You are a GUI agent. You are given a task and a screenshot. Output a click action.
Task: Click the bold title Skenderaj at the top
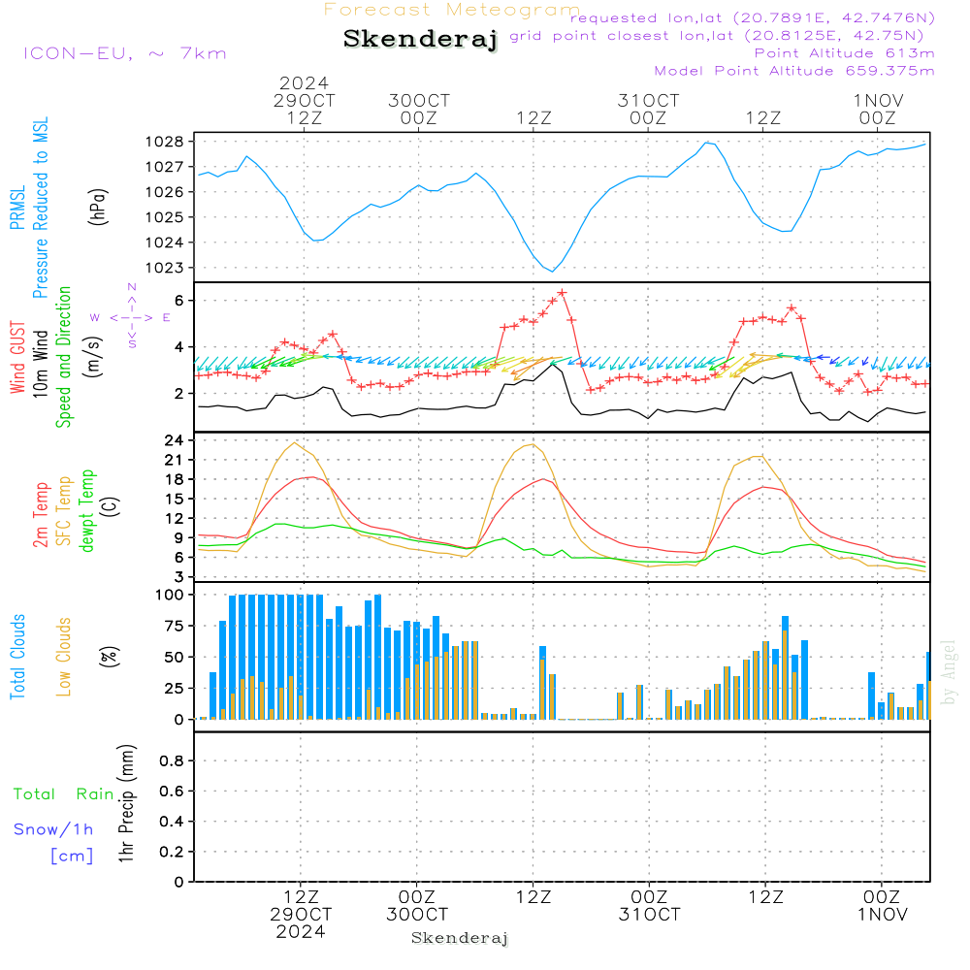[x=420, y=39]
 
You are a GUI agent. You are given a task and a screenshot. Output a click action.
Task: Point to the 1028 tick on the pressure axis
[x=165, y=142]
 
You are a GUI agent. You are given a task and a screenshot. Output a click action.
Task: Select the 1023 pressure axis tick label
[x=165, y=268]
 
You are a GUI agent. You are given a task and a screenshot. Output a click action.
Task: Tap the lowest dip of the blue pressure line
[x=553, y=271]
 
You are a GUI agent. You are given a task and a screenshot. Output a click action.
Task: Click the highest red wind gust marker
[x=562, y=292]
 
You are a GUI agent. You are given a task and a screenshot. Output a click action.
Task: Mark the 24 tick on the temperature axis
[x=174, y=440]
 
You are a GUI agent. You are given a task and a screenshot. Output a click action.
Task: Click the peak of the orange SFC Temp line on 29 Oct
[x=295, y=443]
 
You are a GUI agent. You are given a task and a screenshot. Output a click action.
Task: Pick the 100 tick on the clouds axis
[x=170, y=595]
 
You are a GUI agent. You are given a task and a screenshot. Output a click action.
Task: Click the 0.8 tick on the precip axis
[x=172, y=760]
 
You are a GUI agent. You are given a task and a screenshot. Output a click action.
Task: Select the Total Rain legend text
[x=64, y=794]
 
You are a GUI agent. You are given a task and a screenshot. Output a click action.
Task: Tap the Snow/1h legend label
[x=53, y=829]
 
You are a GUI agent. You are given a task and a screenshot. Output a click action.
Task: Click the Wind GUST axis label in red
[x=17, y=357]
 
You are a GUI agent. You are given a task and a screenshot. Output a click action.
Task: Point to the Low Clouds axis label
[x=64, y=657]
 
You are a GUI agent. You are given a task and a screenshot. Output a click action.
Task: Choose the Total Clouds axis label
[x=17, y=657]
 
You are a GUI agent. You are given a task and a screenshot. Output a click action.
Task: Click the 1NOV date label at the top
[x=879, y=100]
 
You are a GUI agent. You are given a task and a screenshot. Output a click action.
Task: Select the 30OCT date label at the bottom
[x=417, y=915]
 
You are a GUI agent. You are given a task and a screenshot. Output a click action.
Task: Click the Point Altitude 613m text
[x=844, y=53]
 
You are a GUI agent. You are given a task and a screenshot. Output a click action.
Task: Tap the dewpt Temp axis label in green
[x=87, y=510]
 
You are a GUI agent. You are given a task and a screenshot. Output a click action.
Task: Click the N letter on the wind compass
[x=132, y=287]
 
